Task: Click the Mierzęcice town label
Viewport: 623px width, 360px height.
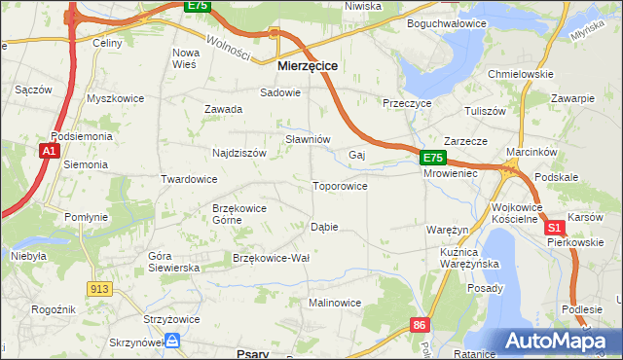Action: [x=308, y=65]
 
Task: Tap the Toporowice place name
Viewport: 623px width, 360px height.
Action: [x=339, y=186]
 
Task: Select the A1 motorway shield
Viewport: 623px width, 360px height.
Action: [x=48, y=151]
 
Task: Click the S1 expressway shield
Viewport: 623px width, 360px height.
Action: [x=555, y=227]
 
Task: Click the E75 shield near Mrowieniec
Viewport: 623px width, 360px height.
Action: [x=433, y=158]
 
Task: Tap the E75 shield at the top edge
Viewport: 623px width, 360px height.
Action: [x=198, y=6]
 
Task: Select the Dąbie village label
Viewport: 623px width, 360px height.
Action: [x=323, y=227]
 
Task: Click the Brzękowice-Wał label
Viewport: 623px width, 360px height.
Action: [x=271, y=258]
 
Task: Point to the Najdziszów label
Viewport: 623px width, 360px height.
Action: [x=239, y=153]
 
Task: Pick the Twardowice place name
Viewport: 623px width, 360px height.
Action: [x=189, y=180]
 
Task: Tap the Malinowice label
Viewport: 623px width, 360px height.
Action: [x=335, y=303]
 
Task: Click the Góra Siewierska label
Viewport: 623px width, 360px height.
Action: [x=172, y=261]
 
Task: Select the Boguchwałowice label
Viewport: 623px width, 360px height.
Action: [x=446, y=22]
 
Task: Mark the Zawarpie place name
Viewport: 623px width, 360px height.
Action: [x=572, y=98]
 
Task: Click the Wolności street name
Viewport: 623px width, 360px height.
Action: [x=228, y=43]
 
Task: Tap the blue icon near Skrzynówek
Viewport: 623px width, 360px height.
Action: [x=172, y=340]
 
